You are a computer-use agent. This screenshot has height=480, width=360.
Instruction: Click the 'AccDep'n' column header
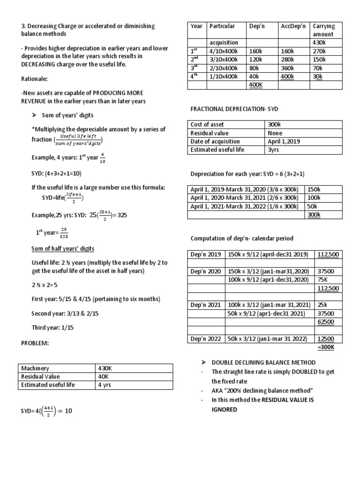(x=293, y=26)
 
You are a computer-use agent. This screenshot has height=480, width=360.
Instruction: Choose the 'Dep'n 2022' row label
(x=205, y=339)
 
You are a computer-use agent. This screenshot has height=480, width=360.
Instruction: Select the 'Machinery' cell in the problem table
(x=35, y=368)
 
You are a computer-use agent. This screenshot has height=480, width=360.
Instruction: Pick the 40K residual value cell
(x=104, y=376)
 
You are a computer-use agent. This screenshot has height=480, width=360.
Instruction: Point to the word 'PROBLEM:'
(x=35, y=343)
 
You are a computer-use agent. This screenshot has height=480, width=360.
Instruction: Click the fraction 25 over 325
(x=65, y=233)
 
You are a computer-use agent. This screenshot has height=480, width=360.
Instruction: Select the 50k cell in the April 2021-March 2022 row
(x=312, y=206)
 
